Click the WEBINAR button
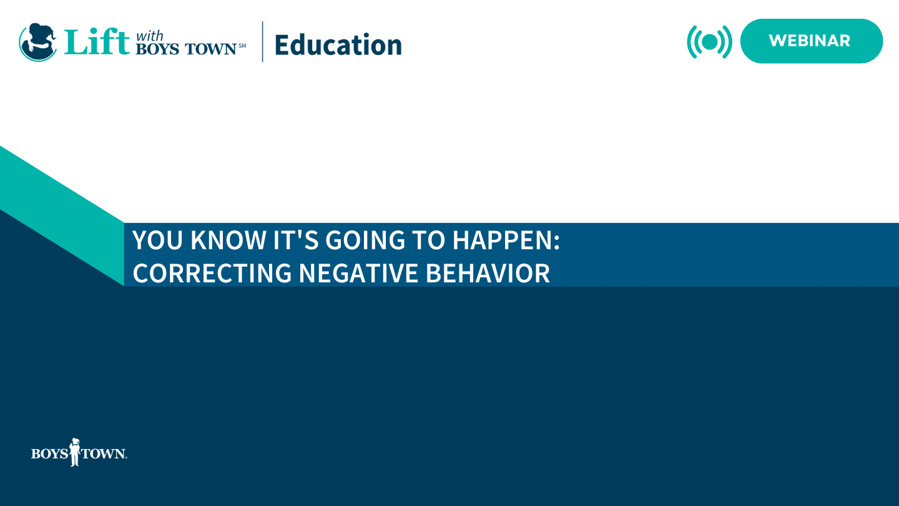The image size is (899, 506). click(x=811, y=41)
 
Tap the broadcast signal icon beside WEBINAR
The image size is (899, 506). click(x=709, y=42)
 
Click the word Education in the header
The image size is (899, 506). click(x=338, y=45)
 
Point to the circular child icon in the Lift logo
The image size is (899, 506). click(x=38, y=42)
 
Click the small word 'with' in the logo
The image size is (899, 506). click(x=149, y=36)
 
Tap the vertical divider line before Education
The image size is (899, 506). click(x=262, y=42)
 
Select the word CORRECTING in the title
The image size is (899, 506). click(x=212, y=274)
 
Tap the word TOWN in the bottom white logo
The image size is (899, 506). click(x=104, y=454)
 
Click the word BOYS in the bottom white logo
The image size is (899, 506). click(x=49, y=454)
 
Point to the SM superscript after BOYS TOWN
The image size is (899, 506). click(x=242, y=45)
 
